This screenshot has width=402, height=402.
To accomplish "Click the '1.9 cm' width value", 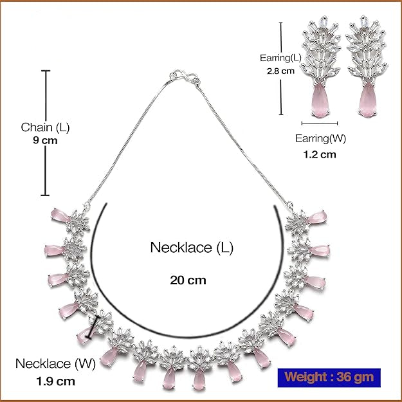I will (x=55, y=380).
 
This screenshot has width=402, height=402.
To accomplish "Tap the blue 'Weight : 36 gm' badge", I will (x=329, y=376).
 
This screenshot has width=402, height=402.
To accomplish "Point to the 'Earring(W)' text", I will (x=319, y=138).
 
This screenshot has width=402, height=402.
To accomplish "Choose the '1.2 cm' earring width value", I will (x=319, y=154).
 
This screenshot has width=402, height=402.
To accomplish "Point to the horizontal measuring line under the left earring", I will (x=320, y=122).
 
